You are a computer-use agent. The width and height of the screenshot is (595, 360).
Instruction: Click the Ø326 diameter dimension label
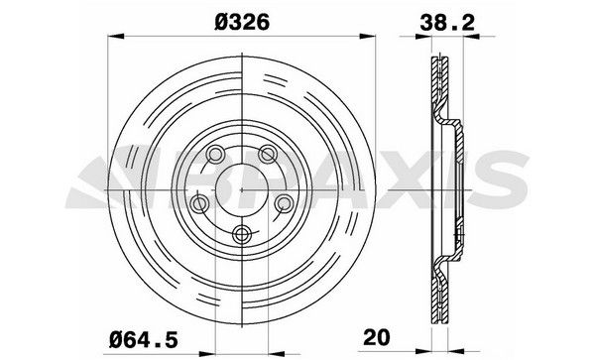[242, 22]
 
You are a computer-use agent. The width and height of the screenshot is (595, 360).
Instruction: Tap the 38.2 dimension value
[447, 23]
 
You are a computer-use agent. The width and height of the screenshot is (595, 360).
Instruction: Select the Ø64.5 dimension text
[144, 339]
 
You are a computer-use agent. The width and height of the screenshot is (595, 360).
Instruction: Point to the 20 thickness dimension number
[377, 337]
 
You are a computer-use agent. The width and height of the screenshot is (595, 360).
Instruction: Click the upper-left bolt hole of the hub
[215, 154]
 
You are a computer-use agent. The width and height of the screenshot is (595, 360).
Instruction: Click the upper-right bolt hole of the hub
[267, 154]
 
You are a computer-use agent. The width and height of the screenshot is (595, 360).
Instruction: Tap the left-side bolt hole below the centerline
[199, 203]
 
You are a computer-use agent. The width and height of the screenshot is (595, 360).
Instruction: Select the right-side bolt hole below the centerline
[284, 203]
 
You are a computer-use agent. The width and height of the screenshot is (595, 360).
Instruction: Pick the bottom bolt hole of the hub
[241, 234]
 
